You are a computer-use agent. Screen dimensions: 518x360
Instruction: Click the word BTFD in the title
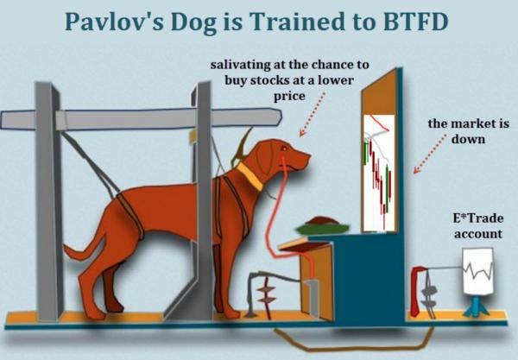[x=414, y=22]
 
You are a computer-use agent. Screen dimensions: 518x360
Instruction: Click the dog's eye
[x=284, y=149]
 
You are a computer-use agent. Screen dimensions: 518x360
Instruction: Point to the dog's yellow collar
[x=250, y=176]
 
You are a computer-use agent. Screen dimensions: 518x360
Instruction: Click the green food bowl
[x=322, y=228]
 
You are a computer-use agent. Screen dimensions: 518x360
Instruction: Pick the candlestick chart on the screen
[x=379, y=173]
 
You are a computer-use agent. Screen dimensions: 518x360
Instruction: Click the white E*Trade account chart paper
[x=477, y=271]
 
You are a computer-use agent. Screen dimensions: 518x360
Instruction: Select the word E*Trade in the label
[x=478, y=218]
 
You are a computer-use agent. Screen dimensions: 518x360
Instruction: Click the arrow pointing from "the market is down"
[x=430, y=154]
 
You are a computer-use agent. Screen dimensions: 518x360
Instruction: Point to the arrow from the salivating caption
[x=312, y=114]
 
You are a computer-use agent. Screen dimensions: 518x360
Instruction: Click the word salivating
[x=241, y=65]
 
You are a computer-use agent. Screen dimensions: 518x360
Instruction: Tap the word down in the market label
[x=468, y=139]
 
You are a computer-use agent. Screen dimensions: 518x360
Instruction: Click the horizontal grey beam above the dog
[x=141, y=119]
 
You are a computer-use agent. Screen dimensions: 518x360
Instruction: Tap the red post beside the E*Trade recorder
[x=417, y=291]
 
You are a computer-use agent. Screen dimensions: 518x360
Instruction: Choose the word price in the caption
[x=289, y=97]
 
